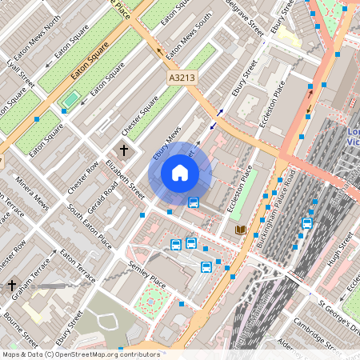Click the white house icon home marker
[180, 173]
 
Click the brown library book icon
[239, 230]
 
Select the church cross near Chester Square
[124, 150]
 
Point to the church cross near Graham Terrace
[11, 285]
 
